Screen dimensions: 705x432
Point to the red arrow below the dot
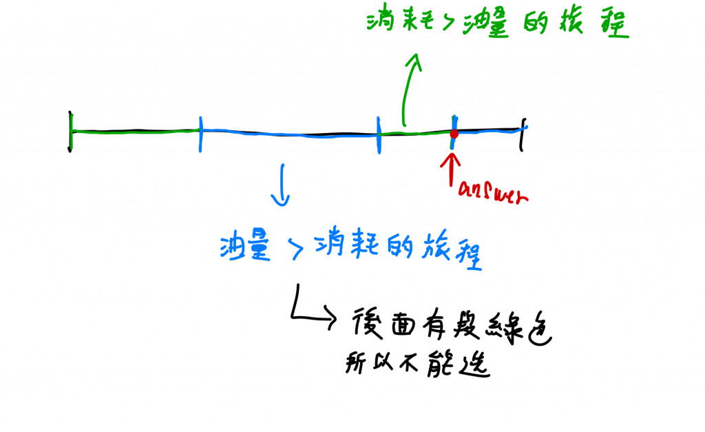[x=452, y=168]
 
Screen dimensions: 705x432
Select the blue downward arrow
[x=280, y=185]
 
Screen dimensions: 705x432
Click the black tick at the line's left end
[x=70, y=131]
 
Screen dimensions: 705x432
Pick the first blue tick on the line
[x=200, y=132]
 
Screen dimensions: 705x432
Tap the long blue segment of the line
[x=289, y=134]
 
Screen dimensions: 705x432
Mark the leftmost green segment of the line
[x=134, y=130]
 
